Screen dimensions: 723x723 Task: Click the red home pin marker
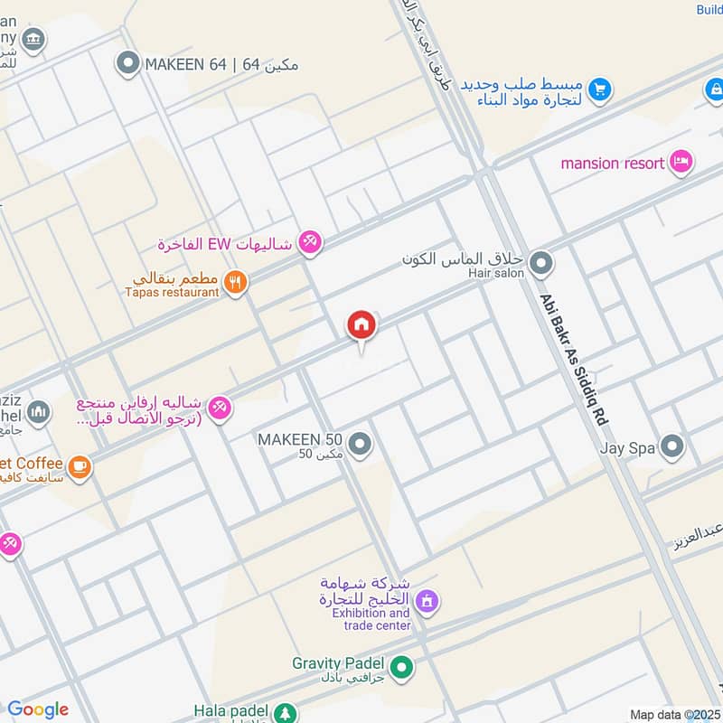tap(361, 325)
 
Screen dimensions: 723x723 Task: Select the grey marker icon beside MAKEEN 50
tap(361, 444)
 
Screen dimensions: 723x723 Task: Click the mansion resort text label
tap(613, 164)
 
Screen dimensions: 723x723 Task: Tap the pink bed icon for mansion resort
tap(681, 163)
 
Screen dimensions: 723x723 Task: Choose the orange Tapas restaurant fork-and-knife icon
tap(236, 282)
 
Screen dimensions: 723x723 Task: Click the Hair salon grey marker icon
tap(541, 264)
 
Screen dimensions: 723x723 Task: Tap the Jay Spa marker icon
tap(671, 446)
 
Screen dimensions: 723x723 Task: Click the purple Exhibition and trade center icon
tap(427, 599)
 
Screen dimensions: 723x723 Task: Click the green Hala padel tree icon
tap(286, 713)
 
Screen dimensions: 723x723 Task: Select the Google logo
tap(38, 709)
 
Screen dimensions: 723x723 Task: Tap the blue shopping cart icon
tap(598, 89)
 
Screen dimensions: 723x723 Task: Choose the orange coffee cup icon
tap(80, 466)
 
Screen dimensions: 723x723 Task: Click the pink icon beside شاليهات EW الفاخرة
tap(310, 241)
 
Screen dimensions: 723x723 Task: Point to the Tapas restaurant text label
tap(172, 292)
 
